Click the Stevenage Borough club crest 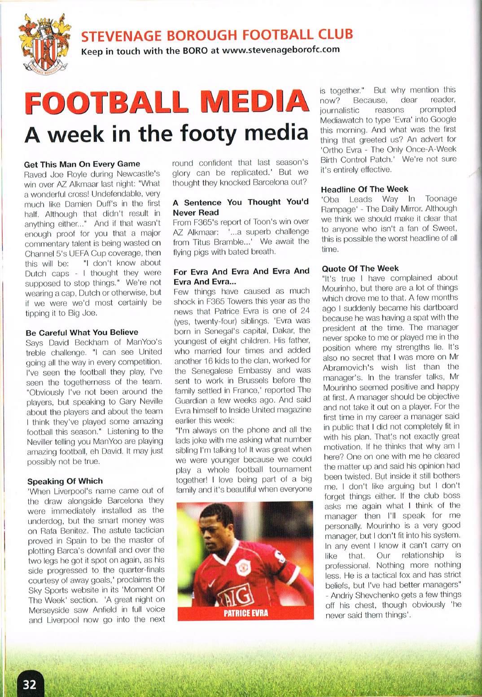44,45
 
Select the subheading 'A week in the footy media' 166,134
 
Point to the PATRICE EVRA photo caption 245,613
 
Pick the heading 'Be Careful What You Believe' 82,332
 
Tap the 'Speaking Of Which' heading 65,481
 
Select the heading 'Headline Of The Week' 364,189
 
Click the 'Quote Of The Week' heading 360,268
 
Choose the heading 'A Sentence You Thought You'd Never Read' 241,207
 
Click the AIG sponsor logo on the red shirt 234,596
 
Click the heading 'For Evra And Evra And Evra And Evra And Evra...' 241,276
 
